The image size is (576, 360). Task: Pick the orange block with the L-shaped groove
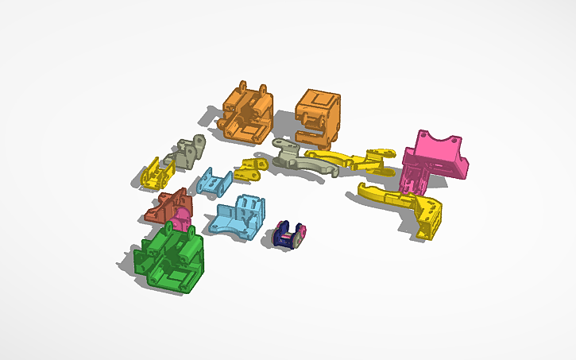tap(318, 115)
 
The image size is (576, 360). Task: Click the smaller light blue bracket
tap(213, 182)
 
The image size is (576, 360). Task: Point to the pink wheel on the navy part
tap(298, 233)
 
